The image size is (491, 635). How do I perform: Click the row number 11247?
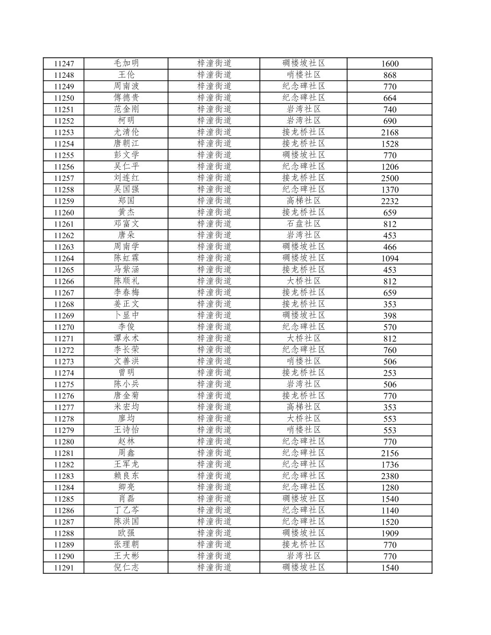coord(64,64)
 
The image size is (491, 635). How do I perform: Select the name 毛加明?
coord(126,63)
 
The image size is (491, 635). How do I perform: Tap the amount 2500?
coord(390,178)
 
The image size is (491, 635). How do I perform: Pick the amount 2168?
coord(390,132)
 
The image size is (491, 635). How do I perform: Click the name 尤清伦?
coord(126,132)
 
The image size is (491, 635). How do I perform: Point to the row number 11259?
coord(64,201)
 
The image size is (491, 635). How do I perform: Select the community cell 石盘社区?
coord(303,224)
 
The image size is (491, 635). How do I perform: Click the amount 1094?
coord(390,259)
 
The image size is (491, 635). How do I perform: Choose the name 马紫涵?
coord(126,270)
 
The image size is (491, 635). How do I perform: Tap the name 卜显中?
coord(126,316)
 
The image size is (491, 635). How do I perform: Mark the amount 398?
coord(390,316)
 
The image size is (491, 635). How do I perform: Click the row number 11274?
coord(64,373)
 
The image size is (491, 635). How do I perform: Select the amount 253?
coord(390,373)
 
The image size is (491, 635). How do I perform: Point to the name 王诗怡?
coord(126,430)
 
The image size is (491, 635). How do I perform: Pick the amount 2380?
coord(390,476)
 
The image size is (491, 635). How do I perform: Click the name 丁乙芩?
coord(126,510)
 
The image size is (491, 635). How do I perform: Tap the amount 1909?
coord(390,534)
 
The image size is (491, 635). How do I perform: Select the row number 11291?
coord(64,568)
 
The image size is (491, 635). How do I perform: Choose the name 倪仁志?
coord(126,567)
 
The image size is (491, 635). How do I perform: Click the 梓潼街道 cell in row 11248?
coord(214,75)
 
